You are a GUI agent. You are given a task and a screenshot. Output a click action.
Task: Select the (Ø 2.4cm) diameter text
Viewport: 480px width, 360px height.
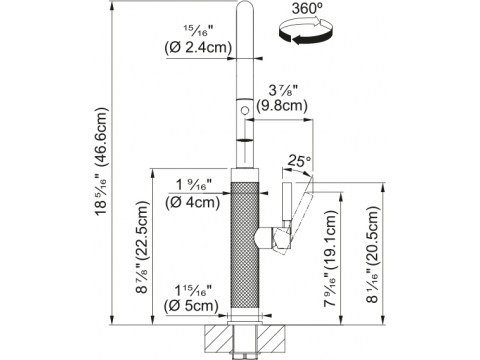pos(198,48)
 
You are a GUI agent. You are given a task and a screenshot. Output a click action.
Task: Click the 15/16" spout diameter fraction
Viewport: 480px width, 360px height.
pos(198,31)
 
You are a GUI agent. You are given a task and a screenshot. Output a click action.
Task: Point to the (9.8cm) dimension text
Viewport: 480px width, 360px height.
pos(282,106)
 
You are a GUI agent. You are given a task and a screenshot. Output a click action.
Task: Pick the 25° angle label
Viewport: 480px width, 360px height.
pos(299,161)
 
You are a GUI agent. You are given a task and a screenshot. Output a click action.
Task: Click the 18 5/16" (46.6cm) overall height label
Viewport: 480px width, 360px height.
pos(101,162)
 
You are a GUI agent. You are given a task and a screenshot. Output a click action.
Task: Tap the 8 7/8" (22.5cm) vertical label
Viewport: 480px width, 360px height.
pos(142,248)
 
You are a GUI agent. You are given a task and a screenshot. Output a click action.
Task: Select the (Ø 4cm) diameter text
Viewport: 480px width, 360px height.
pos(192,202)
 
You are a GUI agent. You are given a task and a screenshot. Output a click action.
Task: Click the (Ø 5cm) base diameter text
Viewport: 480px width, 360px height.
pos(191,306)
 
